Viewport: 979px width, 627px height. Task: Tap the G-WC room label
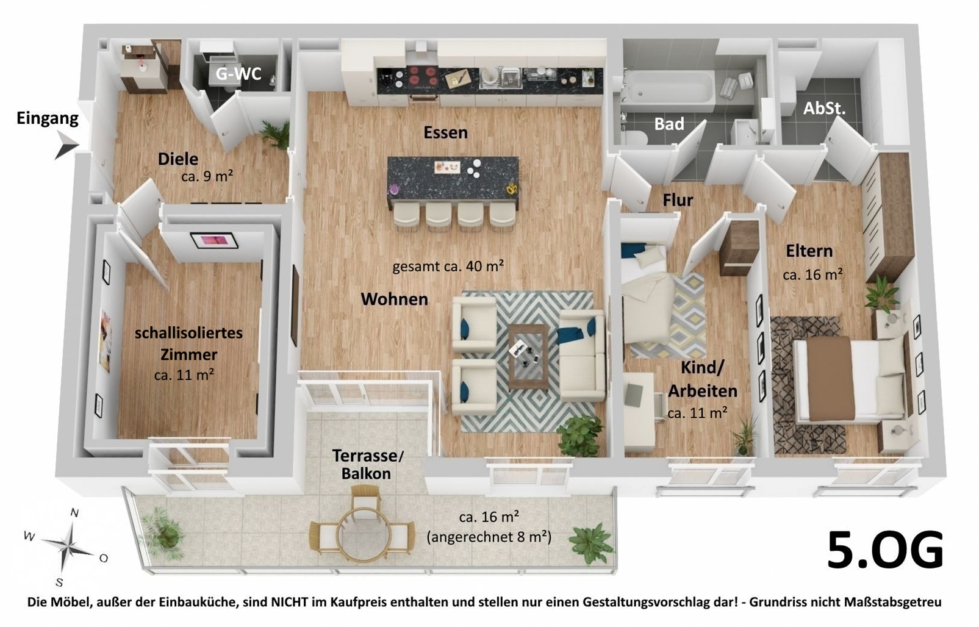click(x=238, y=73)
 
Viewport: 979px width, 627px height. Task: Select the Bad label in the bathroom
click(x=669, y=124)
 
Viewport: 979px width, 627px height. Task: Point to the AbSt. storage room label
click(x=824, y=109)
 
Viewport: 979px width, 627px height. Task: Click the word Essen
click(x=445, y=132)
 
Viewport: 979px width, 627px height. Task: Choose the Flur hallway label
click(x=678, y=200)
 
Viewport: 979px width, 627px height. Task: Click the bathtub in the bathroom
click(x=669, y=90)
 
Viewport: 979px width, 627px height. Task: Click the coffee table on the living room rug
click(x=528, y=356)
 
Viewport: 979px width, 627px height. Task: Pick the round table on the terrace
click(x=362, y=536)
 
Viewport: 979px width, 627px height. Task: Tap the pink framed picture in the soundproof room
click(x=213, y=240)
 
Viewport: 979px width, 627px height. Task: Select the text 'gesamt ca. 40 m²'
click(x=448, y=266)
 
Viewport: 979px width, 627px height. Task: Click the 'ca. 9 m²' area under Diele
click(x=207, y=176)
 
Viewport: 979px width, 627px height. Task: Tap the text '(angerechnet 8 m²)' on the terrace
click(x=489, y=536)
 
